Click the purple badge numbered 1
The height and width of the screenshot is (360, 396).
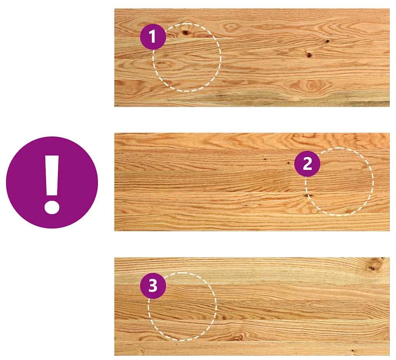(153, 37)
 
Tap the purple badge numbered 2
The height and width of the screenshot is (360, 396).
(307, 164)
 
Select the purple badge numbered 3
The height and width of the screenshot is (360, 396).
(153, 286)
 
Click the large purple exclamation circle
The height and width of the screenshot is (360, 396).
(52, 183)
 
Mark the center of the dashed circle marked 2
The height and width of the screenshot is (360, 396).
(339, 181)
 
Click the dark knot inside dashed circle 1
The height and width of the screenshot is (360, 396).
(186, 32)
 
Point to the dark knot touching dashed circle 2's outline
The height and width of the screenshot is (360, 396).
(307, 195)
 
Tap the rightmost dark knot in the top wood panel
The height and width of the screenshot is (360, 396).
(327, 41)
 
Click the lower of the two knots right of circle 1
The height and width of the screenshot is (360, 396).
(309, 55)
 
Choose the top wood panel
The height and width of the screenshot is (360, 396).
(252, 57)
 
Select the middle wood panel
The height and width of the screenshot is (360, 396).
(252, 182)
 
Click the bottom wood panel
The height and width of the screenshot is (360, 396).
(252, 306)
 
